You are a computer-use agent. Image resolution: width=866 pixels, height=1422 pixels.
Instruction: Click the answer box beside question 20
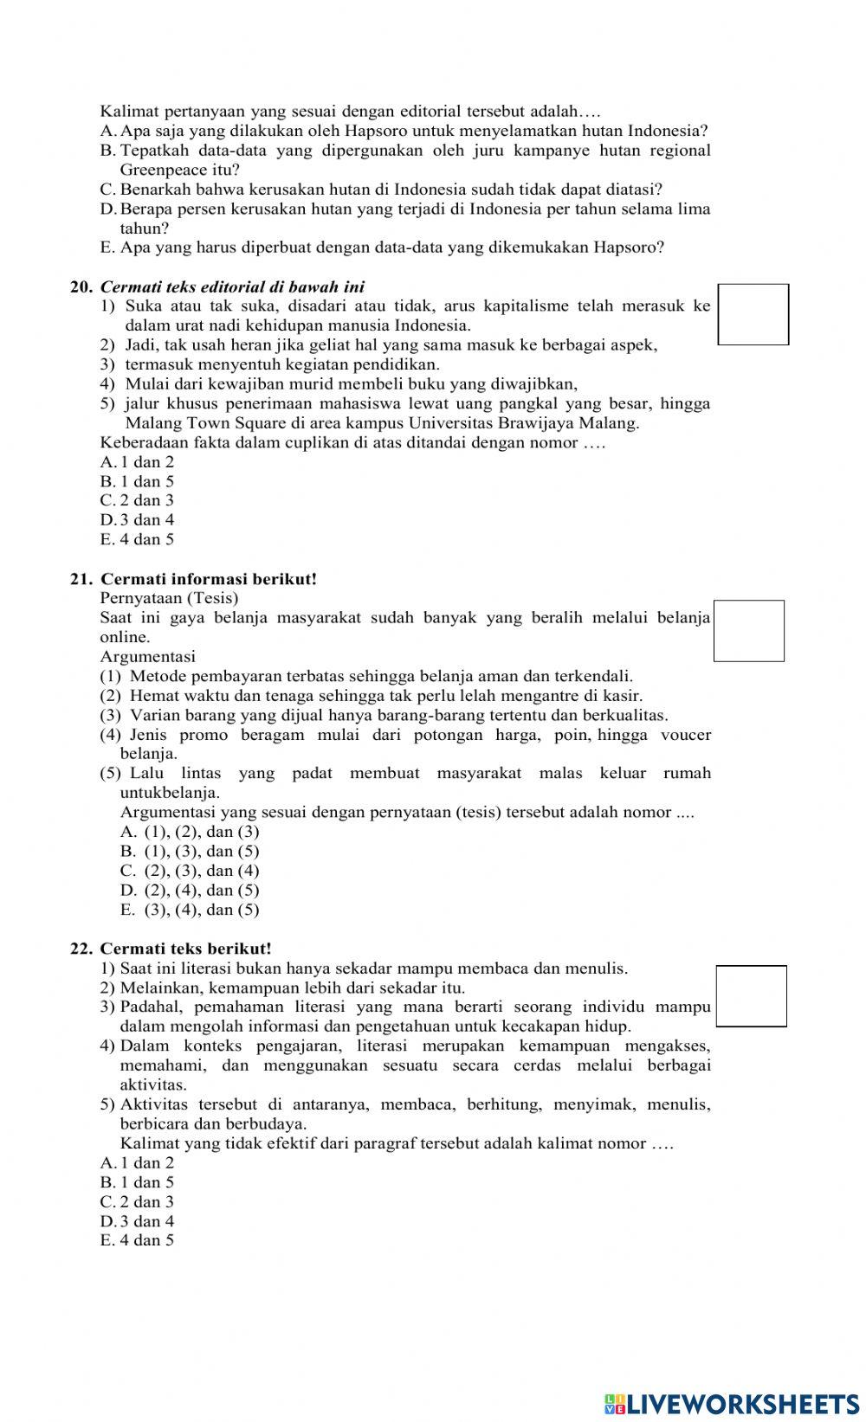pos(753,314)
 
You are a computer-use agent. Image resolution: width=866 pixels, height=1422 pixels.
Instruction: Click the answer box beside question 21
pos(748,631)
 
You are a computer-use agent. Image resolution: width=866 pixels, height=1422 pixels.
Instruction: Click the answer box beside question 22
pos(752,996)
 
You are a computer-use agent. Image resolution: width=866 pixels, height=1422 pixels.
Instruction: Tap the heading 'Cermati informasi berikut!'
pos(209,579)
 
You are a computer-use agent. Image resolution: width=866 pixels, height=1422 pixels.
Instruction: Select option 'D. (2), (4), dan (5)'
pos(190,890)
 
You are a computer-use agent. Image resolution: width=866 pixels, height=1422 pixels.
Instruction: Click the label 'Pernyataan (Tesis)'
pos(169,598)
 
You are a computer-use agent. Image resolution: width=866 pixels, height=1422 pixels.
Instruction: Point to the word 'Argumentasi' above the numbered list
pos(147,656)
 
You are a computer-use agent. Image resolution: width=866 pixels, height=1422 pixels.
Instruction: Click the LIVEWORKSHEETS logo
pos(732,1404)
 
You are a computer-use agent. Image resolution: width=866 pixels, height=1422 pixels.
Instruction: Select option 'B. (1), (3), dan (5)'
pos(190,851)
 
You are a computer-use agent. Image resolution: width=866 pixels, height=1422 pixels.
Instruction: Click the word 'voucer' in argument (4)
pos(686,735)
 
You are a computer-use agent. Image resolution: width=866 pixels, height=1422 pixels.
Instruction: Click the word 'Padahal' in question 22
pos(151,1007)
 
